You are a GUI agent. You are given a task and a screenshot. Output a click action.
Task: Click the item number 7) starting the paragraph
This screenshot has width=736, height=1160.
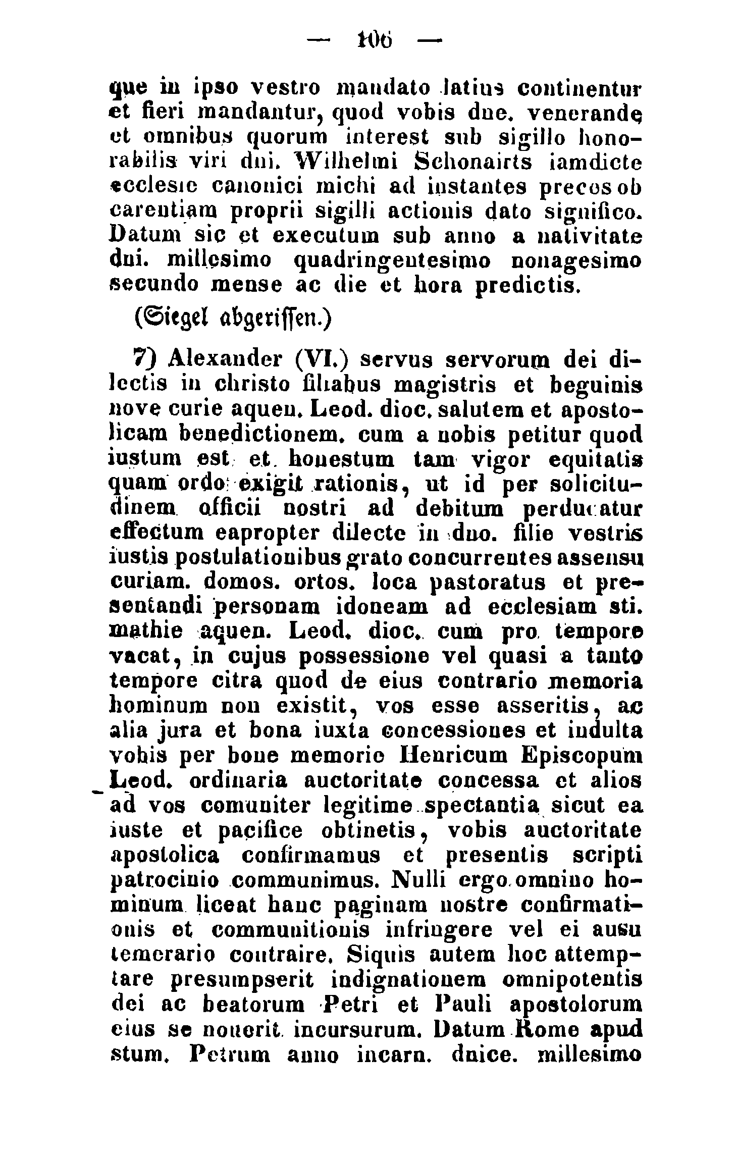(145, 359)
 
